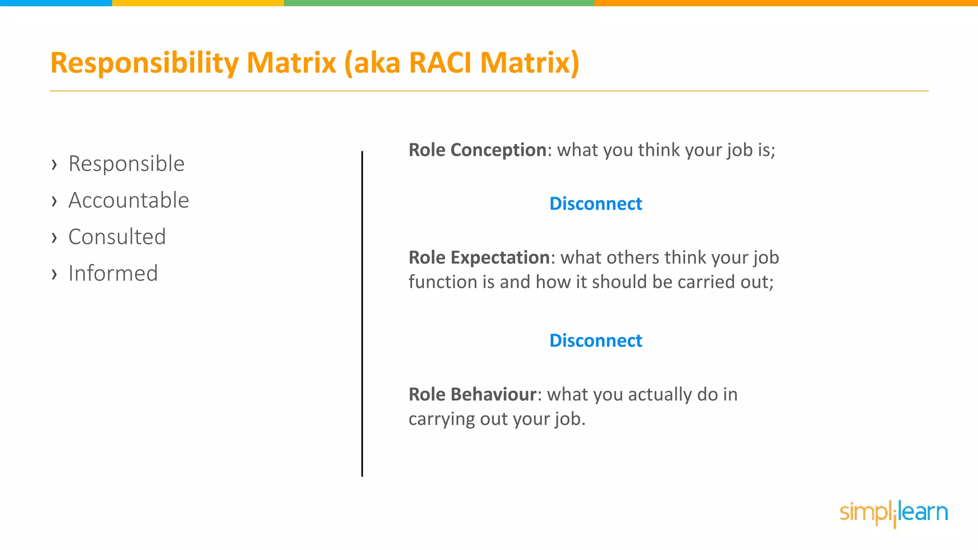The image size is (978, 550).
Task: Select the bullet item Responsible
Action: point(127,164)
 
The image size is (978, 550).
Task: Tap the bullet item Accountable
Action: point(128,200)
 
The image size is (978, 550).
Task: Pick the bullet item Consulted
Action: point(117,237)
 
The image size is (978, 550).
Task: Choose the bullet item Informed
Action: point(113,274)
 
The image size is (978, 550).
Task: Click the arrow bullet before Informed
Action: point(54,274)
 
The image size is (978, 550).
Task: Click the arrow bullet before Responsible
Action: point(54,165)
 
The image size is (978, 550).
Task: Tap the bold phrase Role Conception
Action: point(477,150)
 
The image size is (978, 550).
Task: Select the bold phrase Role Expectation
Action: point(479,257)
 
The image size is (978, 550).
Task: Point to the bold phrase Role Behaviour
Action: point(472,394)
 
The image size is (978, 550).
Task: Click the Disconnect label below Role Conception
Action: point(595,204)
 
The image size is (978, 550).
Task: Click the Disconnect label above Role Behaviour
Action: point(595,341)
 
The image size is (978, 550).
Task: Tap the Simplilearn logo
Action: point(893,513)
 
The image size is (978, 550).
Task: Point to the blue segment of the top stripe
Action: point(56,3)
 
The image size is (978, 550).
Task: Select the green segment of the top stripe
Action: point(439,3)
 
